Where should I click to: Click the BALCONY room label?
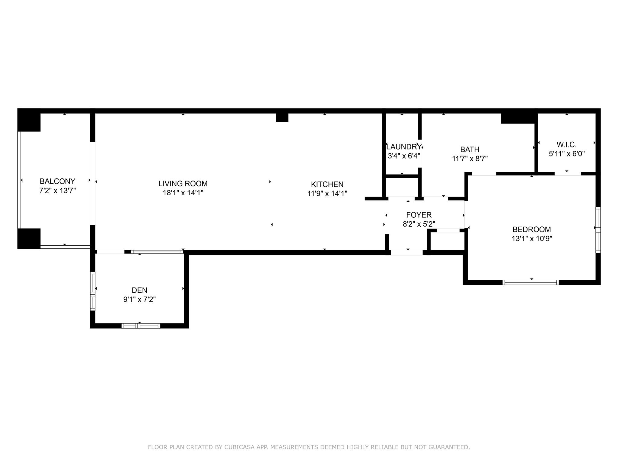point(57,181)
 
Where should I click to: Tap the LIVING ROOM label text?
point(183,184)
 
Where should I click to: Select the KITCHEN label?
point(327,184)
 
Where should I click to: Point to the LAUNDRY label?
point(404,147)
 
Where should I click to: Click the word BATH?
point(470,150)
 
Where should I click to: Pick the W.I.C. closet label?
point(566,144)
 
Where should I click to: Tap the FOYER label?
point(419,215)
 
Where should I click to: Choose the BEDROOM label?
point(532,229)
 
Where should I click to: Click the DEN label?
point(139,290)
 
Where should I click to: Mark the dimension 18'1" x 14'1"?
point(183,193)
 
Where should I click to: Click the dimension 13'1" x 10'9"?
point(532,239)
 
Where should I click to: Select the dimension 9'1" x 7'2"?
point(139,300)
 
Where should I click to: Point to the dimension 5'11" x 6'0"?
point(566,154)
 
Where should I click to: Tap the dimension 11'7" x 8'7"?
point(470,159)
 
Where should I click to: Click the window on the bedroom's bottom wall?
point(530,282)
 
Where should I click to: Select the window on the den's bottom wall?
point(141,326)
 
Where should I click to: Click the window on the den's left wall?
point(93,291)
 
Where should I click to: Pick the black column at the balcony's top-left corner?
point(29,120)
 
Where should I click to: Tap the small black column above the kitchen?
point(282,117)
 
